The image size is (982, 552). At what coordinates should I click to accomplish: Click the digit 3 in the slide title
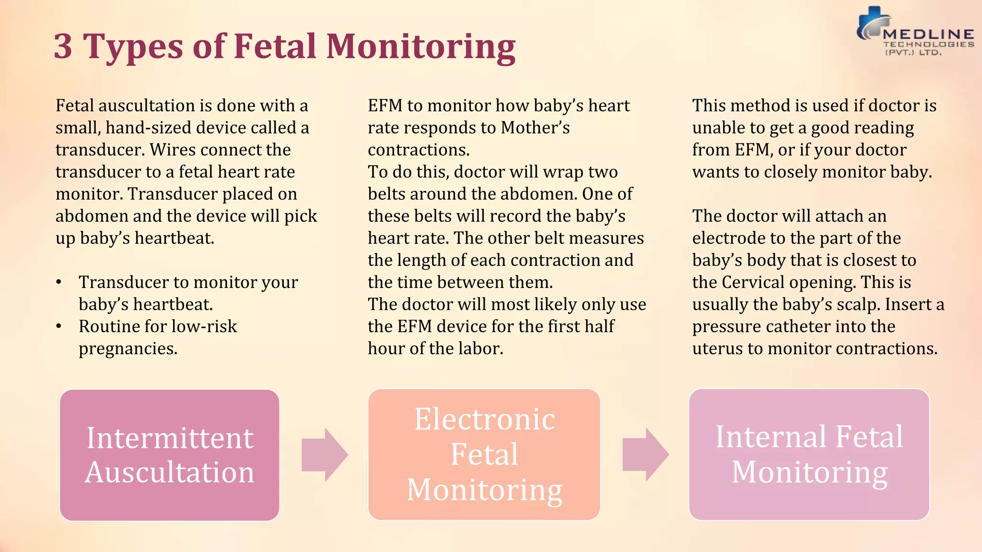coord(63,46)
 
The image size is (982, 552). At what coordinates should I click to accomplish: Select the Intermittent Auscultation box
coord(170,455)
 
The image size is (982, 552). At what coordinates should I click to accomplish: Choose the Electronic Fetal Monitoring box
coord(484,454)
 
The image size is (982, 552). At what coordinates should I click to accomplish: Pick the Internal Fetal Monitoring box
coord(809,454)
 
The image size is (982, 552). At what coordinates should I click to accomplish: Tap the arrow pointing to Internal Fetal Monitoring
coord(645,455)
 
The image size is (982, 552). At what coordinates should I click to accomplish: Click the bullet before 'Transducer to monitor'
coord(59,282)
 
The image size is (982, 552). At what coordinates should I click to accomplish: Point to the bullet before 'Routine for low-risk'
coord(59,326)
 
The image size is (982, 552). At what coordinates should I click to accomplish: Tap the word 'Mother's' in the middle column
coord(535,128)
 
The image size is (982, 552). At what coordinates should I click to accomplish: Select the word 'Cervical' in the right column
coord(753,282)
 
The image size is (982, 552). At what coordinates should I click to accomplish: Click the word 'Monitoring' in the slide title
coord(421,46)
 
